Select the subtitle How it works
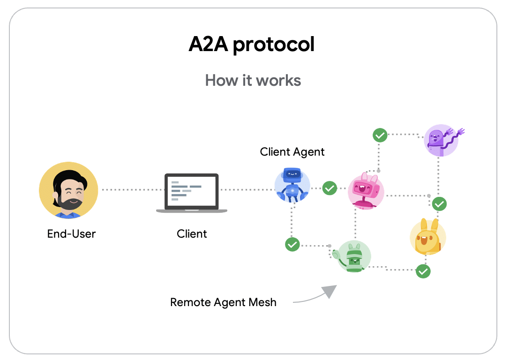click(x=253, y=80)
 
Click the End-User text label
click(x=71, y=233)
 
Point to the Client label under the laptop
click(x=192, y=233)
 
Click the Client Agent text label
click(x=292, y=151)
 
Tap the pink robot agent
click(x=366, y=190)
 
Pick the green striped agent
click(x=354, y=257)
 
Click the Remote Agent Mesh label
click(x=223, y=302)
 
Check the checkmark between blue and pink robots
click(x=330, y=188)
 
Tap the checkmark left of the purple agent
click(x=380, y=135)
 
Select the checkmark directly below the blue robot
click(x=292, y=244)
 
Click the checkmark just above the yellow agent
click(x=439, y=204)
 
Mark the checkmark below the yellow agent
click(x=423, y=271)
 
